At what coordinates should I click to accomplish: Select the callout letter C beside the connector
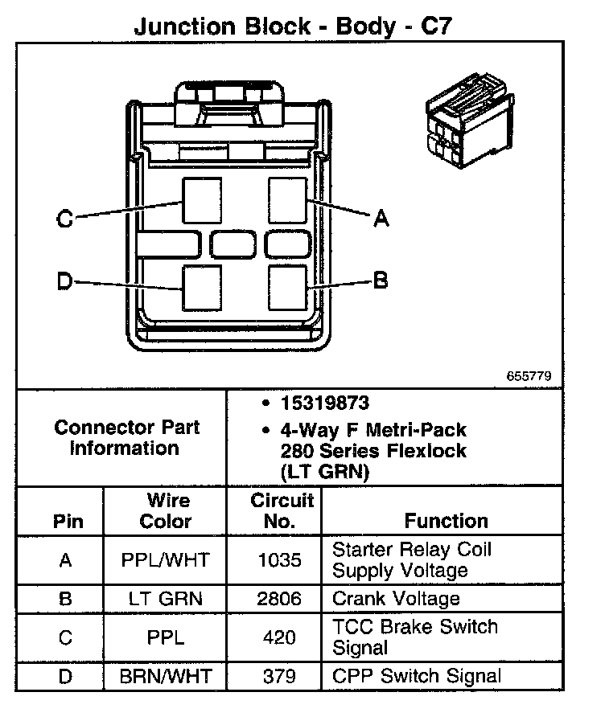tap(65, 218)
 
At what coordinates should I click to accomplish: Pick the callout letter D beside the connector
tap(65, 281)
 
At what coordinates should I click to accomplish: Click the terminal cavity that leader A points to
tap(287, 199)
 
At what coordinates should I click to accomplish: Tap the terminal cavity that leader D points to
tap(202, 287)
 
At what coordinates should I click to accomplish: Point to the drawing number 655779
tap(529, 376)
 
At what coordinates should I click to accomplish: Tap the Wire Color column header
tap(166, 511)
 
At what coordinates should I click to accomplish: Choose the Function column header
tap(446, 521)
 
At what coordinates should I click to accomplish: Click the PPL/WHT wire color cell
tap(166, 560)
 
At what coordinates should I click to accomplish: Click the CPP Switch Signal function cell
tap(416, 676)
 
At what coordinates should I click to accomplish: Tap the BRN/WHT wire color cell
tap(166, 676)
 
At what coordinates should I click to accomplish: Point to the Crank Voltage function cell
tap(396, 599)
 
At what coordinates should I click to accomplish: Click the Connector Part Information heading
tap(126, 437)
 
